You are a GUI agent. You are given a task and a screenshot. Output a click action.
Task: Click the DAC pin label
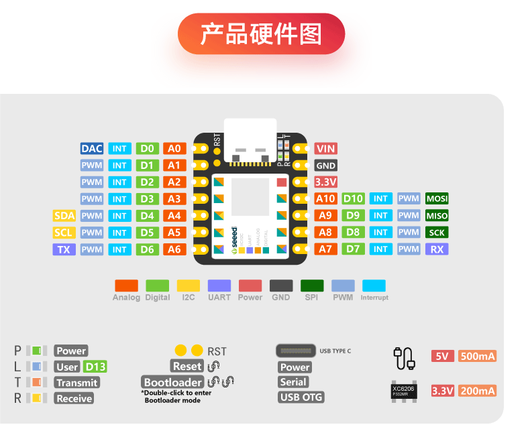point(91,148)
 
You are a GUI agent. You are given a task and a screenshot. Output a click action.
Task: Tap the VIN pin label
point(325,148)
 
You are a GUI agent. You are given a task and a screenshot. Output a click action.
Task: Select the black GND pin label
point(325,165)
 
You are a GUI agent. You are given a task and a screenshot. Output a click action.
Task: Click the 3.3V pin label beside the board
point(325,182)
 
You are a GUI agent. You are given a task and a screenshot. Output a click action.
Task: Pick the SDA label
point(64,216)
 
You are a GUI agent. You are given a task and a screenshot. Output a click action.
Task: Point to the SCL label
point(64,233)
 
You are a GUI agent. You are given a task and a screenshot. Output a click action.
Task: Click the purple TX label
point(64,249)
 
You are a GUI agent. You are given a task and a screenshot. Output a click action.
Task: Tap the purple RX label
point(437,249)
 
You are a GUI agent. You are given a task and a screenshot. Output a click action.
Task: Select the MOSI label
point(437,198)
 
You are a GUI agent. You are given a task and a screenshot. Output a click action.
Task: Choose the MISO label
point(437,216)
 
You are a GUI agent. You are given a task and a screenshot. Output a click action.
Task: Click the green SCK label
point(437,233)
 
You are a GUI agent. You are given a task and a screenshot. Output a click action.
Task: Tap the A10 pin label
point(325,198)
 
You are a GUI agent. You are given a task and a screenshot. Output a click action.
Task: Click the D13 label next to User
point(95,367)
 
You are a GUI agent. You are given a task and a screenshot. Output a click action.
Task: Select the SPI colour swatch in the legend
point(312,286)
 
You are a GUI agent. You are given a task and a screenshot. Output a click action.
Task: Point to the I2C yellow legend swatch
point(189,286)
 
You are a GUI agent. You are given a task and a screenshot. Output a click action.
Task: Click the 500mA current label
point(477,356)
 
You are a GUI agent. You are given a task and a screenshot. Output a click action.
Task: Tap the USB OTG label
point(301,397)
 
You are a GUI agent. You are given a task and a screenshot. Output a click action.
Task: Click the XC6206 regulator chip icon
point(405,391)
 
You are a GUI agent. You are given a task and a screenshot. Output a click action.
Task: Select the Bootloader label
point(172,382)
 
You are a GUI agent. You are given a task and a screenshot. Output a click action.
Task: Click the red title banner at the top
point(261,34)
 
